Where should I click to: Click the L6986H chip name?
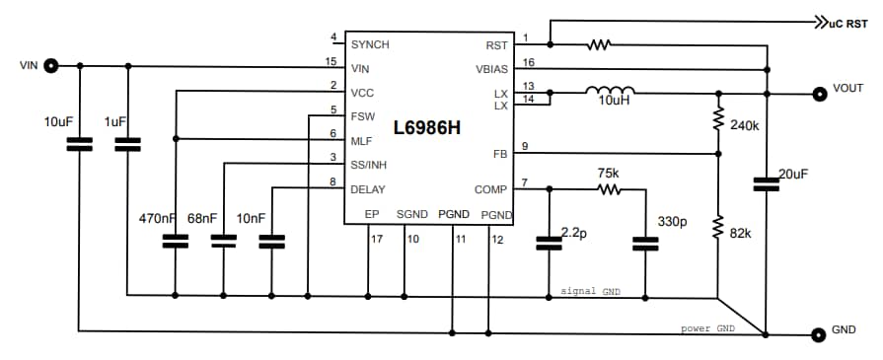(x=427, y=127)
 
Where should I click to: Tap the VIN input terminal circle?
(x=50, y=66)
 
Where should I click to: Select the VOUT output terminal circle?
(x=818, y=94)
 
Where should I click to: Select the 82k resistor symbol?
(x=718, y=228)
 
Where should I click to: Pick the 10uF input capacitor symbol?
(x=79, y=144)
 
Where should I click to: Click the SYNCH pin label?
(x=370, y=44)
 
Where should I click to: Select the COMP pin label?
(x=491, y=189)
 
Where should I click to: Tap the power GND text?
(x=708, y=327)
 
